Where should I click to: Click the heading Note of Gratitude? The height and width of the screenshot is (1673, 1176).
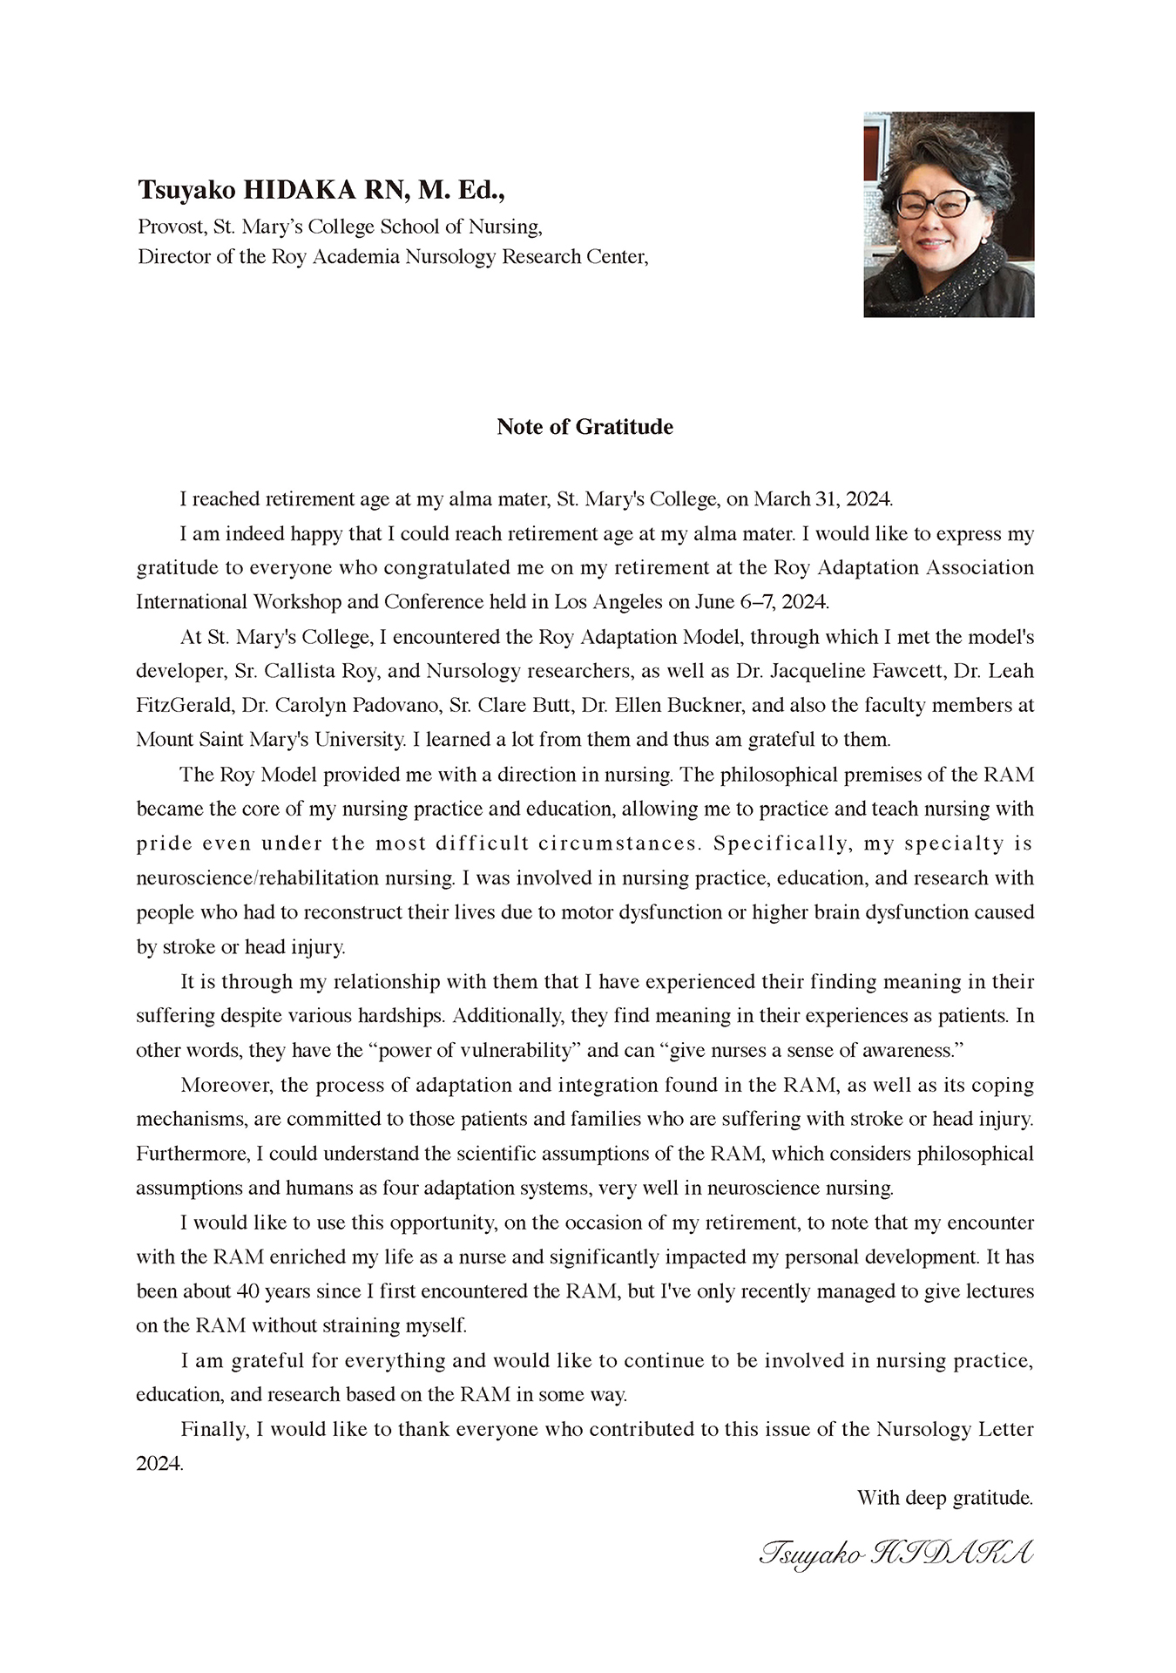(x=585, y=427)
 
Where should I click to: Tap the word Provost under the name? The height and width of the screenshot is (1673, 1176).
(x=172, y=227)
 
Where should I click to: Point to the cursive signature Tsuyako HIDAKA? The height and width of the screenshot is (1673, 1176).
(x=896, y=1554)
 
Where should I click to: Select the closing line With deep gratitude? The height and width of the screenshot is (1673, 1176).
(x=944, y=1498)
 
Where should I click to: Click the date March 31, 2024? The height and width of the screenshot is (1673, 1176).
(x=822, y=499)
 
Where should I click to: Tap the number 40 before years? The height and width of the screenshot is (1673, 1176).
(x=248, y=1291)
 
